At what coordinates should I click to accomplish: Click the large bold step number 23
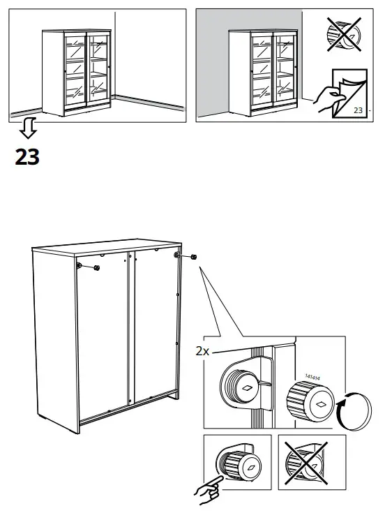pyautogui.click(x=27, y=158)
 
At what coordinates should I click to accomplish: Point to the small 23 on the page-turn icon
pyautogui.click(x=358, y=110)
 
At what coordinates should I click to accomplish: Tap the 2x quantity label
pyautogui.click(x=203, y=352)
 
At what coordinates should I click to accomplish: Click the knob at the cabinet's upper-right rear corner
pyautogui.click(x=192, y=258)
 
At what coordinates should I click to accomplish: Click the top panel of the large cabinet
pyautogui.click(x=105, y=246)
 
